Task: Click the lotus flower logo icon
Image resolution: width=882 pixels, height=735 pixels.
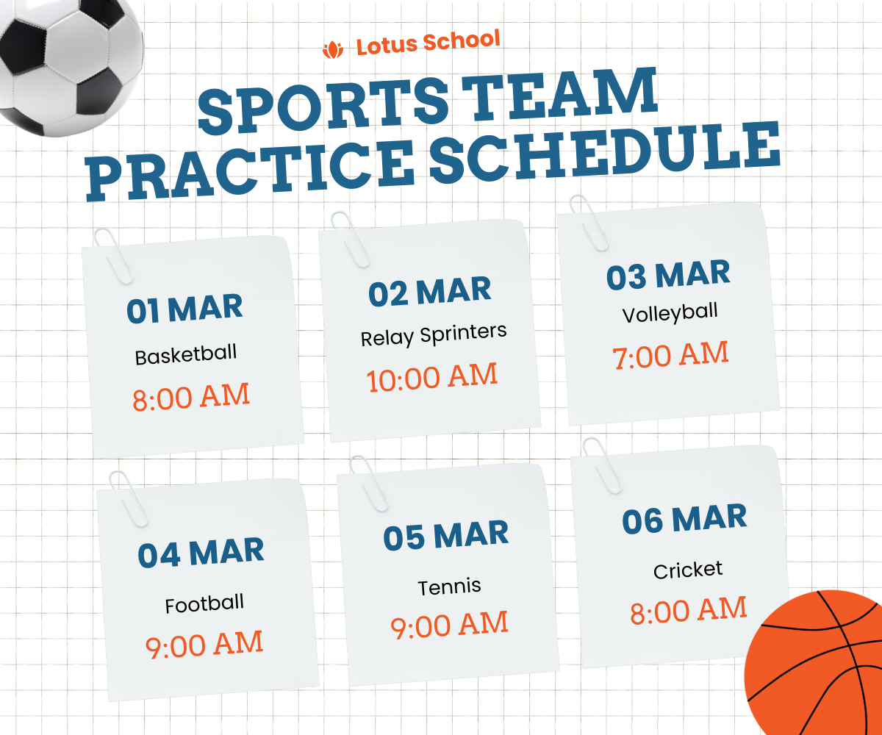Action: tap(333, 50)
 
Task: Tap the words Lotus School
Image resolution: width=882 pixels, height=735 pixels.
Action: tap(429, 43)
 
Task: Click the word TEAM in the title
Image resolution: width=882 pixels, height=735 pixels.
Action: tap(559, 96)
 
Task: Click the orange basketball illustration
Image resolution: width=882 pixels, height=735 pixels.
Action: tap(813, 662)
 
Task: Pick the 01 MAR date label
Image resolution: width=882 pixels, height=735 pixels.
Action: tap(184, 309)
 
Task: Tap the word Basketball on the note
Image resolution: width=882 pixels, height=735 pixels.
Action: tap(186, 355)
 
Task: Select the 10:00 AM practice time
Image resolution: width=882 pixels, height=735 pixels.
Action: tap(431, 377)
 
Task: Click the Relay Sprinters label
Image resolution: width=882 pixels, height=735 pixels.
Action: tap(434, 335)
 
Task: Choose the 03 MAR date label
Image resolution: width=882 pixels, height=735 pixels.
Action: tap(668, 275)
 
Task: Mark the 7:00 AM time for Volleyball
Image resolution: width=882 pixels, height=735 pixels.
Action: tap(671, 355)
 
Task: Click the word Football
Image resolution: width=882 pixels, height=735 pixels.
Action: tap(204, 603)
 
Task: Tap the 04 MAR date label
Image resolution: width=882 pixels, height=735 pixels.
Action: tap(201, 553)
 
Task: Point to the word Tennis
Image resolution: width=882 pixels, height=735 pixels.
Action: tap(449, 587)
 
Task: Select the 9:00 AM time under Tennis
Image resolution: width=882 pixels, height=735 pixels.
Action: tap(449, 625)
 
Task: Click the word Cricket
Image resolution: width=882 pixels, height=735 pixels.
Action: tap(688, 570)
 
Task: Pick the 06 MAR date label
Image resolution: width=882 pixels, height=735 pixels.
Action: tap(685, 519)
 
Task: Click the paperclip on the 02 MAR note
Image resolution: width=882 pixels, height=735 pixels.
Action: tap(350, 240)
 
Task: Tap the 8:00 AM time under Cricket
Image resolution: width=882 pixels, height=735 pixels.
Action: tap(689, 611)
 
